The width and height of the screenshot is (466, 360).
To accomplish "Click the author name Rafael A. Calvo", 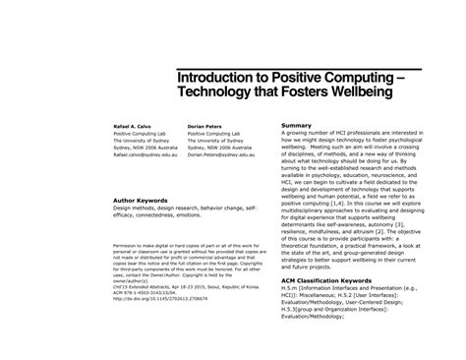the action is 134,128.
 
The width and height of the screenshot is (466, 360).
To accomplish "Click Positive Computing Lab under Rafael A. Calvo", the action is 144,137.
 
